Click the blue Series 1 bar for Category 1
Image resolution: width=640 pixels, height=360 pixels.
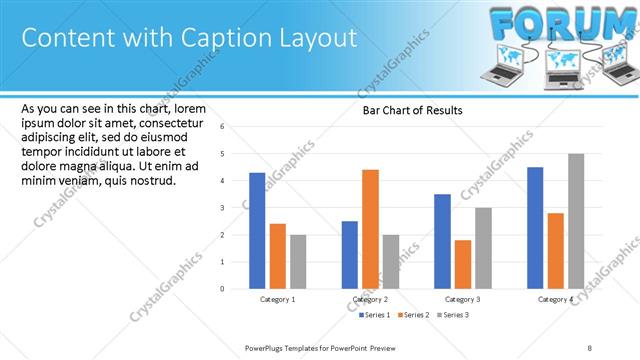[257, 231]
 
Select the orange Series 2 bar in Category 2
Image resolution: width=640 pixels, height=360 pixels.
[370, 229]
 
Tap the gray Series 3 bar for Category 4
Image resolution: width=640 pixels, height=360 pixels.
[576, 221]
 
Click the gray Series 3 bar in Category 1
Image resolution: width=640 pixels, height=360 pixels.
[298, 262]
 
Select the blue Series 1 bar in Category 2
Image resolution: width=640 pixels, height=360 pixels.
[349, 255]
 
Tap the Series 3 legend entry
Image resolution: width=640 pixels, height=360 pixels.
[453, 315]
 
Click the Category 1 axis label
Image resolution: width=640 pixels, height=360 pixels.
[277, 299]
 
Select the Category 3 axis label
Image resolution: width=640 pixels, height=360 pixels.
[462, 299]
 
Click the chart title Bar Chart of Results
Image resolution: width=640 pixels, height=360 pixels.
[412, 111]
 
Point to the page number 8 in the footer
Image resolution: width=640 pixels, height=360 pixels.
[590, 347]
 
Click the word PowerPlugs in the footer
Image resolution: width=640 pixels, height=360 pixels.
[266, 347]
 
